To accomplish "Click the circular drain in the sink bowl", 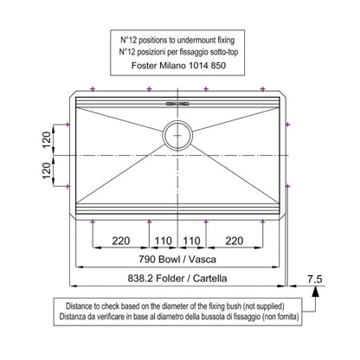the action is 177,135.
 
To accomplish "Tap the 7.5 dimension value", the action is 314,279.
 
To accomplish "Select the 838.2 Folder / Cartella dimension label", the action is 177,279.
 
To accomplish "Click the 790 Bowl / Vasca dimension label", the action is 177,259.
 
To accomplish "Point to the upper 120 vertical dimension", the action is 47,139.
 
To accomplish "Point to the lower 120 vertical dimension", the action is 47,170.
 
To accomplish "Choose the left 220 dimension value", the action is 121,241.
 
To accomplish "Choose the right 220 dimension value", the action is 235,241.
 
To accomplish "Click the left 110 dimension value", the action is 164,241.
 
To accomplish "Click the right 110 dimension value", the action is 191,241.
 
